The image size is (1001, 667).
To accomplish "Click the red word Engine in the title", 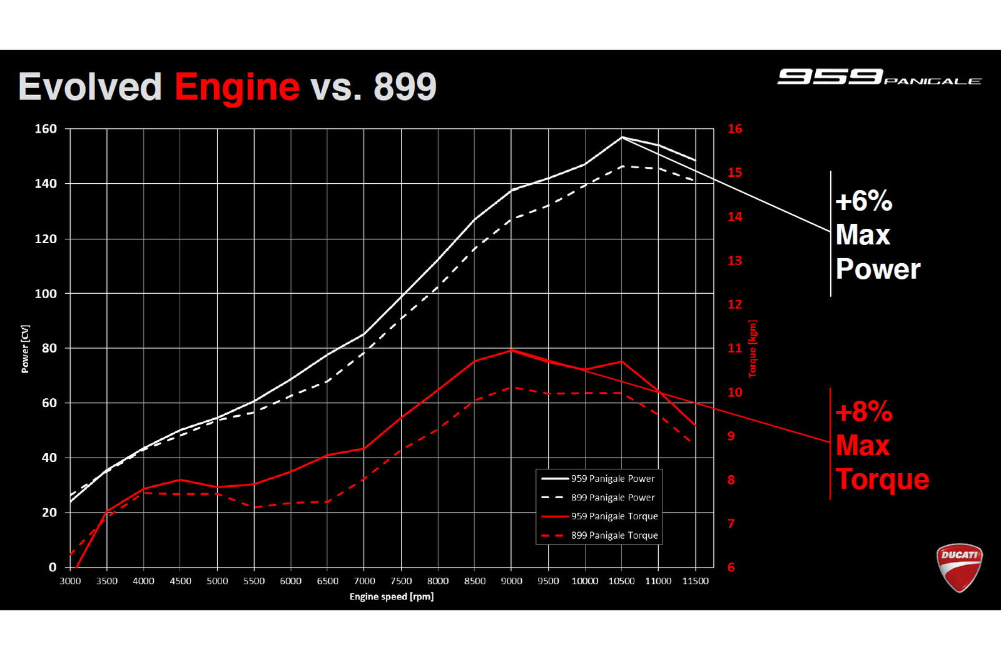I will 237,87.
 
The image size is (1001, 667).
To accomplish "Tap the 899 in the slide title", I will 405,87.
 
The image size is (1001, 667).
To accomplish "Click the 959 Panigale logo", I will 879,77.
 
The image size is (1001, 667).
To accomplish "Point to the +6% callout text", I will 863,201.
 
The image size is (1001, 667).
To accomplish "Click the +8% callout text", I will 864,412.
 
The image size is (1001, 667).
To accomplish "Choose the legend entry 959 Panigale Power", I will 612,479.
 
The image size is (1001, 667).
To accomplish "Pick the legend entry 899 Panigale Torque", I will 614,536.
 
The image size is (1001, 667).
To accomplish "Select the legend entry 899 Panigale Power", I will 612,498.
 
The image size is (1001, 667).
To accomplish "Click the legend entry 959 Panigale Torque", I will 614,516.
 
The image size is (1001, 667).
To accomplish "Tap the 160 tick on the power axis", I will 46,129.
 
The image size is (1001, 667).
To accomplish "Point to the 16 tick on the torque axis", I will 734,129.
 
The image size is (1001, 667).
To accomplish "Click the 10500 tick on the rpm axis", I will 621,581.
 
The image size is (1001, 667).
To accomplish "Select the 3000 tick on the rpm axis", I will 70,581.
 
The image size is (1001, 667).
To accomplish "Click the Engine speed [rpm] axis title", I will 392,597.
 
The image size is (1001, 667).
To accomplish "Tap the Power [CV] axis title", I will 25,349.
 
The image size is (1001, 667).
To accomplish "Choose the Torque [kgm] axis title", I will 753,349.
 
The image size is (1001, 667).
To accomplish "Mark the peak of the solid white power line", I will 622,137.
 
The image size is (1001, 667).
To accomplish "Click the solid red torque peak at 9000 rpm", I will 512,350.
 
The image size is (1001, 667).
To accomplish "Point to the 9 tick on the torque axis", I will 731,436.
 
